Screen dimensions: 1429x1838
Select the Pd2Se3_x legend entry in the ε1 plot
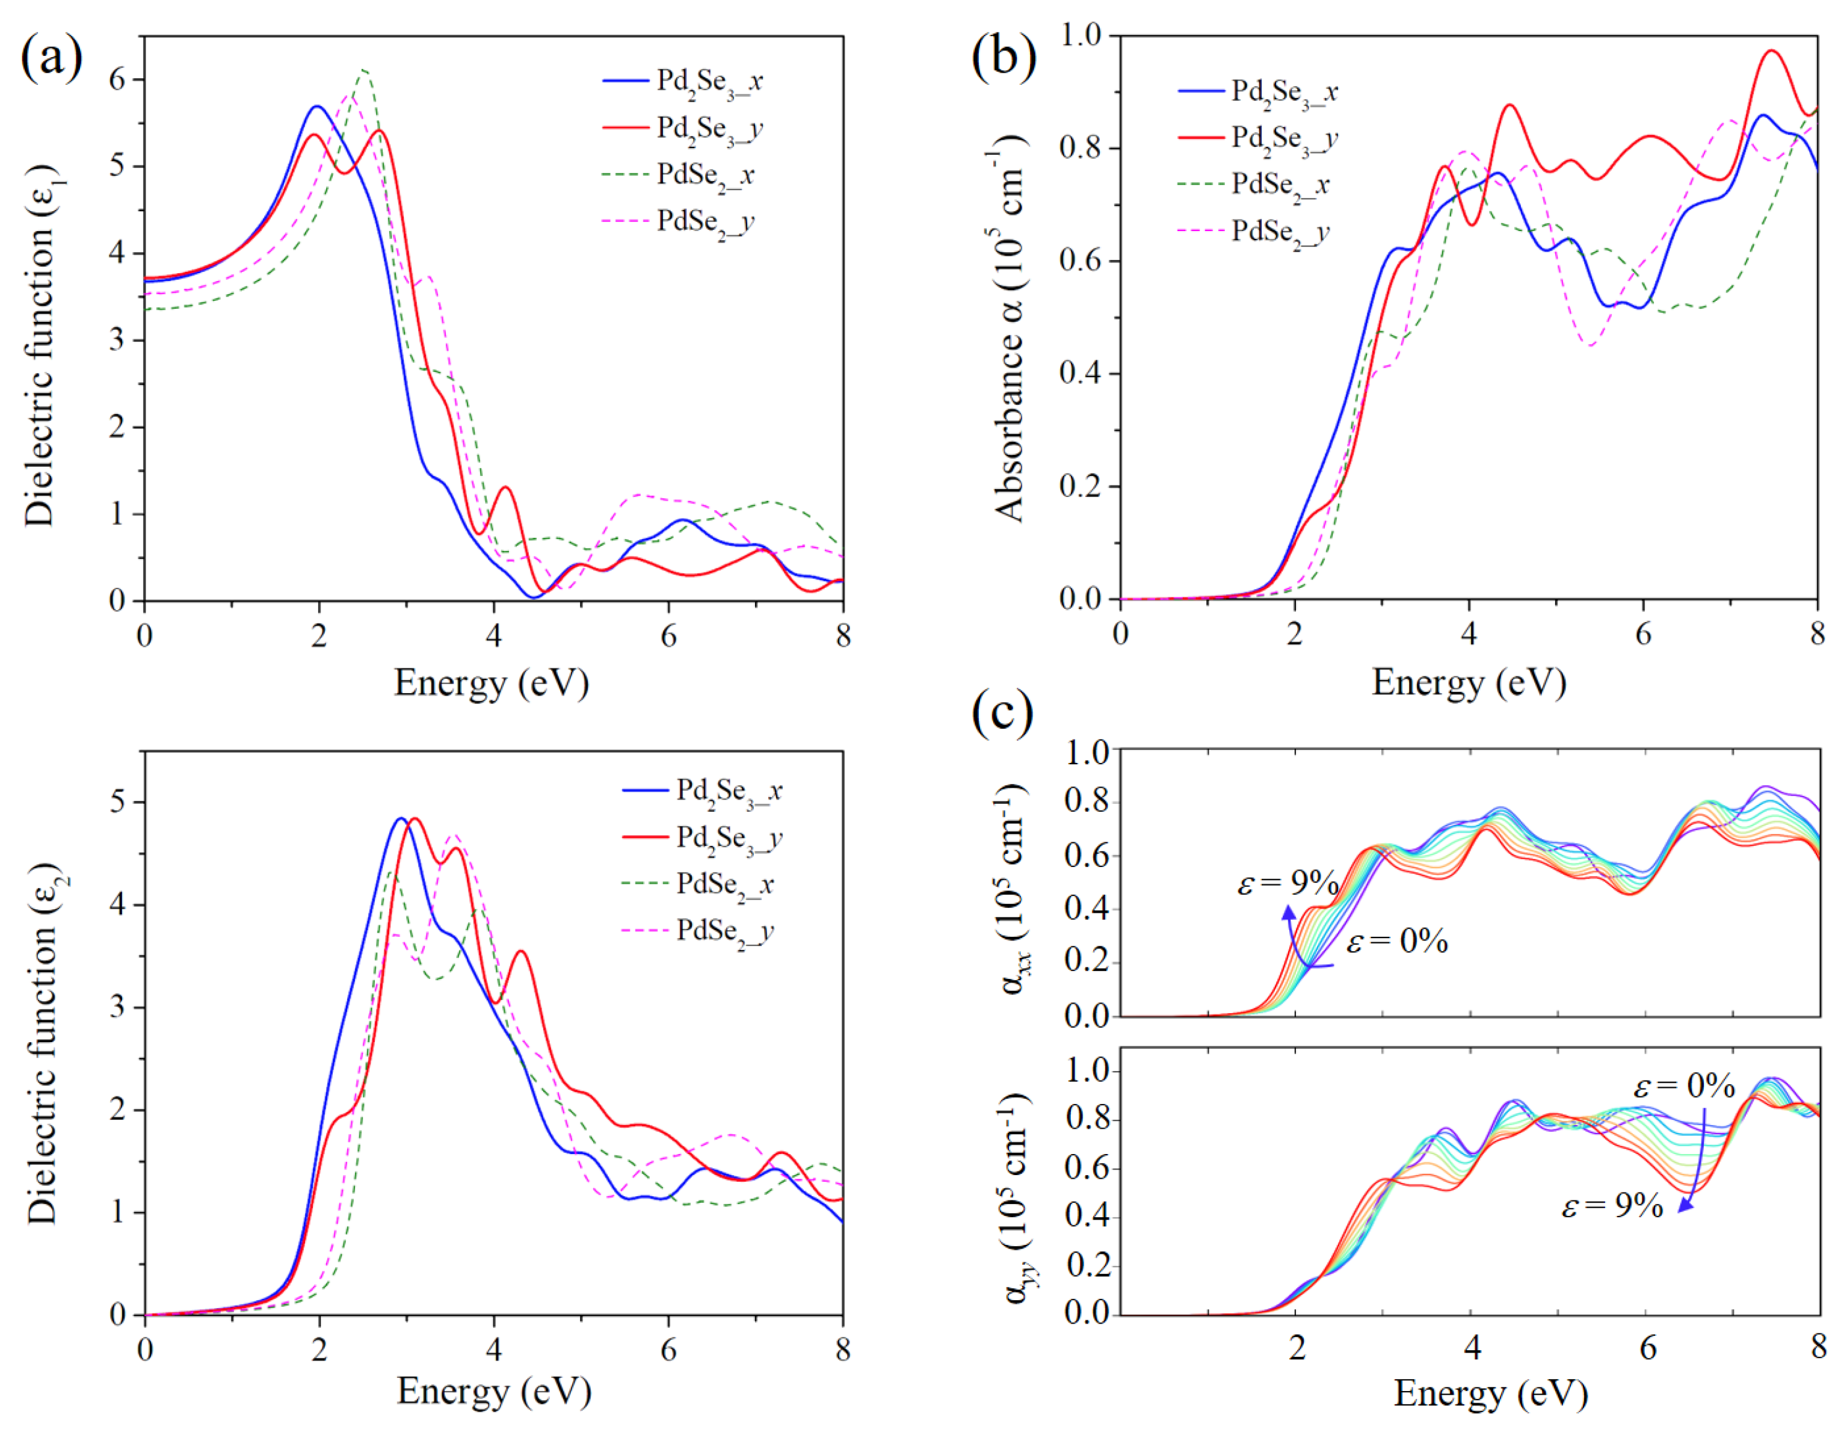coord(709,82)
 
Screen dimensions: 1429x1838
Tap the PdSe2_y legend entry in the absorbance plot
coord(1280,232)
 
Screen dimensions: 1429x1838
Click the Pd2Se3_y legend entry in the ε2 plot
coord(729,838)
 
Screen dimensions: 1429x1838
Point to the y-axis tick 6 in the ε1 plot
coord(118,80)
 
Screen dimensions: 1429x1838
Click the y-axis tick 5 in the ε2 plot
coord(118,802)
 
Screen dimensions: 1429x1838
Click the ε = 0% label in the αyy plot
coord(1684,1087)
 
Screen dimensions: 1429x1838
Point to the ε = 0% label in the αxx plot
coord(1397,941)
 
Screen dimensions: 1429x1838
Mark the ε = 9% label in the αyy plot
coord(1612,1206)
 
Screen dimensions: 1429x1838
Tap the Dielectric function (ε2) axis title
coord(42,1043)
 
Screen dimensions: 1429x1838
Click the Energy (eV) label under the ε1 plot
coord(492,682)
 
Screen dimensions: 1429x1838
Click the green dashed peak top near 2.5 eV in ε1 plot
coord(363,70)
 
